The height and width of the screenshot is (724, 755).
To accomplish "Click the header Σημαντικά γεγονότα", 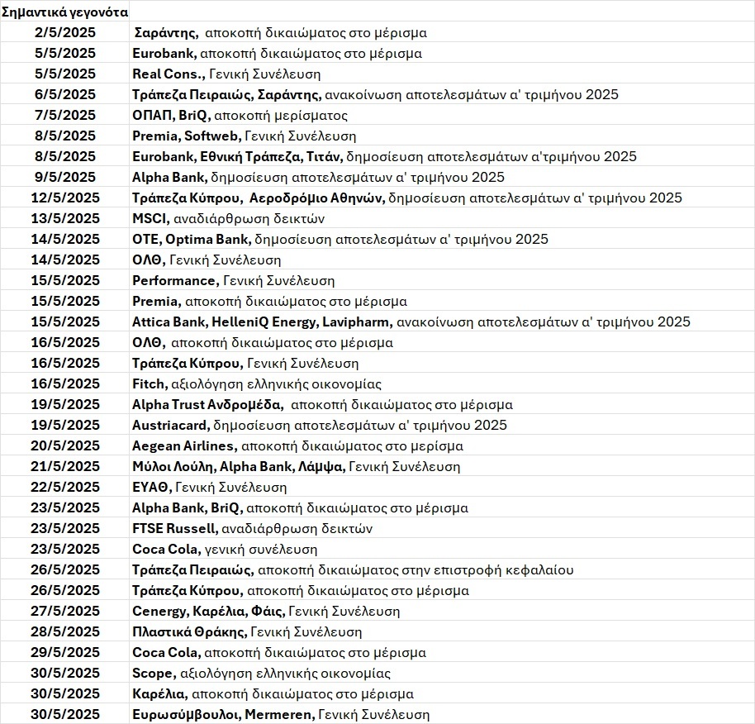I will tap(65, 12).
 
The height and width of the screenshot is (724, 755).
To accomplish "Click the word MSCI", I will tap(150, 219).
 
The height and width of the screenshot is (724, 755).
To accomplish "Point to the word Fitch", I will tap(149, 384).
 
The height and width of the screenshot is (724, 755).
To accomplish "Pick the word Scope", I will tap(153, 674).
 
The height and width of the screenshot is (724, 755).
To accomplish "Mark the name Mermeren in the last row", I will tap(278, 715).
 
